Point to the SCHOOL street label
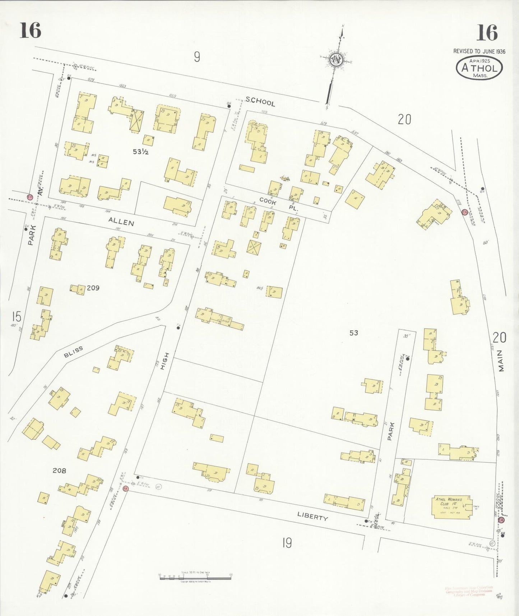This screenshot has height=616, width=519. click(x=260, y=102)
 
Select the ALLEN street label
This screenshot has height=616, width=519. click(x=121, y=222)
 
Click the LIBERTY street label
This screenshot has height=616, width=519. click(x=312, y=516)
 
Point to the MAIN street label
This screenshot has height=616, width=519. click(x=501, y=361)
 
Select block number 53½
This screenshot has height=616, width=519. click(x=141, y=152)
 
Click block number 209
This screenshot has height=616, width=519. click(x=93, y=288)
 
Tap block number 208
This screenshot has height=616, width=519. click(x=59, y=470)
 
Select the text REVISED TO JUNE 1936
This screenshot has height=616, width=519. click(x=479, y=51)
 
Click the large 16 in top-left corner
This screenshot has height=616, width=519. click(x=30, y=30)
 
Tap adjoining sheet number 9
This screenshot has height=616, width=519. click(x=197, y=57)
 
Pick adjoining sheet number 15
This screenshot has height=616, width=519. click(x=16, y=317)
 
